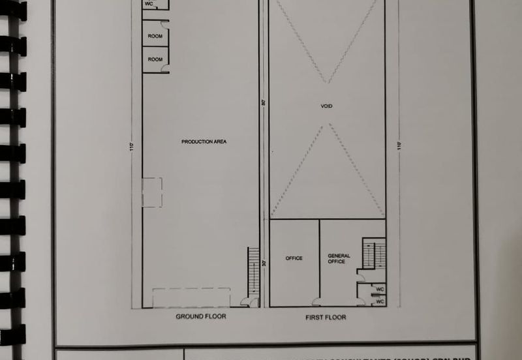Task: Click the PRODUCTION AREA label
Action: tap(204, 142)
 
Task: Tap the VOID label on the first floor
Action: tap(326, 106)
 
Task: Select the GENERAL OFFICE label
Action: tap(339, 259)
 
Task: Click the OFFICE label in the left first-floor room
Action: tap(294, 258)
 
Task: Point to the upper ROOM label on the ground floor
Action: tap(155, 37)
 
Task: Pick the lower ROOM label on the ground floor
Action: tap(155, 59)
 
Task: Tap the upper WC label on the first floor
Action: tap(380, 289)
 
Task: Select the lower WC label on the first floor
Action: tap(380, 301)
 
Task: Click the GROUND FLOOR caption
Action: tap(201, 316)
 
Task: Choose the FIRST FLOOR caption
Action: tap(326, 317)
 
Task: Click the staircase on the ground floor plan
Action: tap(253, 271)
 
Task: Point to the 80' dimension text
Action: tap(264, 102)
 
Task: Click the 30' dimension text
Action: tap(264, 263)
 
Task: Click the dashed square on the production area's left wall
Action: tap(152, 192)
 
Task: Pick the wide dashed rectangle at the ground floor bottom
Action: tap(191, 297)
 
